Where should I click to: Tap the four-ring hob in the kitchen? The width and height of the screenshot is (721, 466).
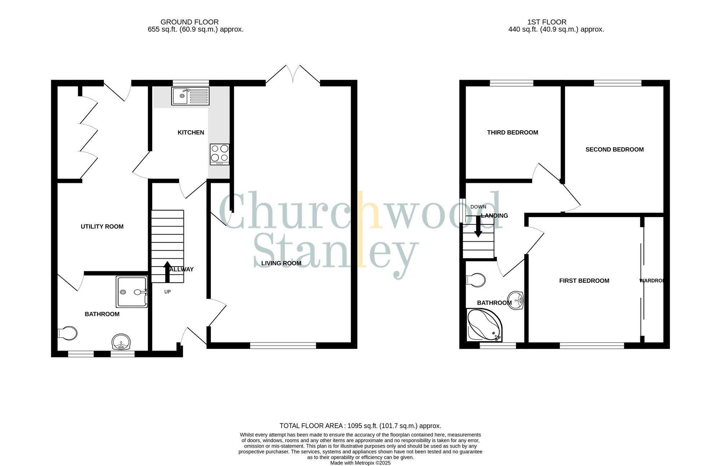point(220,154)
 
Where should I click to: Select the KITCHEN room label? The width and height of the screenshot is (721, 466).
point(191,132)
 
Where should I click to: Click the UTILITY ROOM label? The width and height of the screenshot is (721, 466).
point(102,227)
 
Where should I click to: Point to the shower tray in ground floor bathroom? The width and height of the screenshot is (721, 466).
point(132,291)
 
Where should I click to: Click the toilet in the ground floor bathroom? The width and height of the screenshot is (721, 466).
point(68,333)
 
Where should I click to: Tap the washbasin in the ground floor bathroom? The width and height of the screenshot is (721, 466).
point(121,342)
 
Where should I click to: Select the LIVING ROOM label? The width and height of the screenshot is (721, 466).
point(281,263)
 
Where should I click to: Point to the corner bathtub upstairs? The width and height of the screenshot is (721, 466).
point(483,325)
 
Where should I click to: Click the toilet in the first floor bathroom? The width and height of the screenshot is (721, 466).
point(475,280)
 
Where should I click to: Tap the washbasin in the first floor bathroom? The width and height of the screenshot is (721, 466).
point(516,300)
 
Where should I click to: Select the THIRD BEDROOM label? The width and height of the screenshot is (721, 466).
point(512,132)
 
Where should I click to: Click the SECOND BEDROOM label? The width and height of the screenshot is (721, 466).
point(614,149)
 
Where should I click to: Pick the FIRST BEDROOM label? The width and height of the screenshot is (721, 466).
point(584,281)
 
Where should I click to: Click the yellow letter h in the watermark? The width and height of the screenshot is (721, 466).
point(369,211)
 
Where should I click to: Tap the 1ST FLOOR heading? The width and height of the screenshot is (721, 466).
point(547,22)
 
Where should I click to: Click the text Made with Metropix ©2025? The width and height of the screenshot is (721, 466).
point(360,463)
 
